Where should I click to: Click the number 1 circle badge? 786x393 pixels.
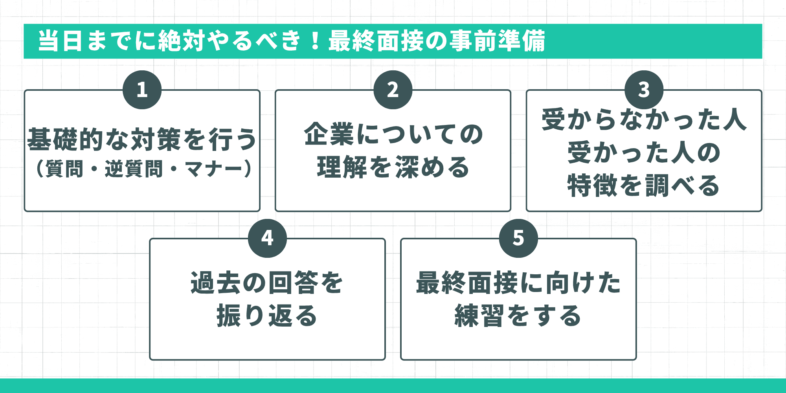point(142,90)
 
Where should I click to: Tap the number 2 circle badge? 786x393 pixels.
point(393,90)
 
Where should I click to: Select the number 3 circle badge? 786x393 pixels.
point(644,90)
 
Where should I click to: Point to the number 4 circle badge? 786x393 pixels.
point(267,238)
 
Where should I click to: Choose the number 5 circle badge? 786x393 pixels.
point(518,238)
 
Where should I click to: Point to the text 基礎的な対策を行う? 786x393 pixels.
point(142,140)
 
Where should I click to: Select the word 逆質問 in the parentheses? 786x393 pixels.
point(134,169)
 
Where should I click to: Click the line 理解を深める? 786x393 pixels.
point(393,167)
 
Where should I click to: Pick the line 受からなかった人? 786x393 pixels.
point(644,119)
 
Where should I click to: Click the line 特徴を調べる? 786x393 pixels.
point(644,185)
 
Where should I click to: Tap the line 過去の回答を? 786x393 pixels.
point(267,283)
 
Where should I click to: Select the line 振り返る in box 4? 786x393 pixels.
point(267,316)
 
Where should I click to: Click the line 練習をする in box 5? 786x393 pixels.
point(518,316)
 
